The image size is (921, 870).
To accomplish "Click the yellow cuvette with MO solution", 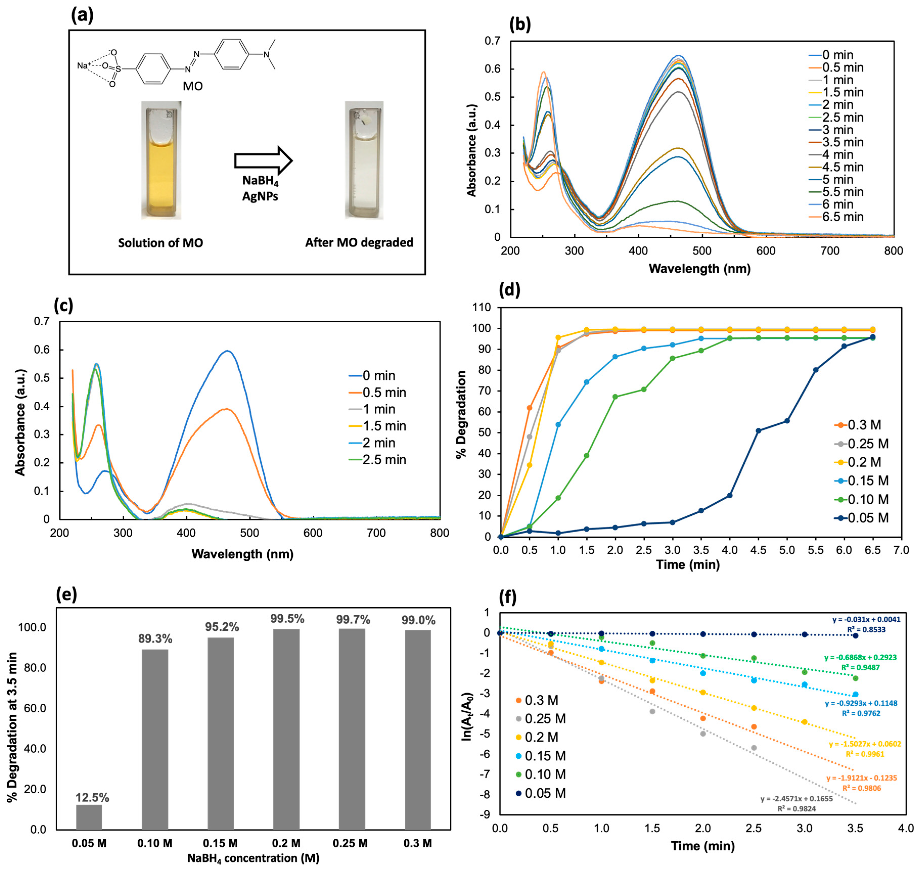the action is coord(161,160).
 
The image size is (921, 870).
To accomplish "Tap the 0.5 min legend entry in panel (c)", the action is coord(378,392).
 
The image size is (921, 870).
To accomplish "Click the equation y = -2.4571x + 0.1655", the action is coord(796,798).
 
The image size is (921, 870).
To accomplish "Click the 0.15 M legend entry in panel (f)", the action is coord(541,756).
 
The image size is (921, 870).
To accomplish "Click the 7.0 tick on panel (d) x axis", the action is coord(901,551).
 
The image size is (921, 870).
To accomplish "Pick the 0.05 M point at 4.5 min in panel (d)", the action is coord(758,431).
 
